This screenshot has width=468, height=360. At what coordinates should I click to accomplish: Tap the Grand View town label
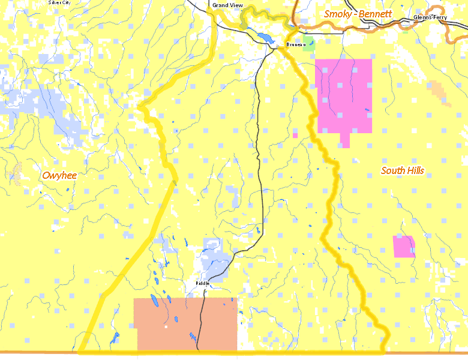pyautogui.click(x=227, y=5)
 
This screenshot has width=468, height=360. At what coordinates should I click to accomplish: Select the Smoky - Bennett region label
pyautogui.click(x=358, y=13)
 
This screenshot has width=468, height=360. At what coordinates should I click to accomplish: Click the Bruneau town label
pyautogui.click(x=295, y=45)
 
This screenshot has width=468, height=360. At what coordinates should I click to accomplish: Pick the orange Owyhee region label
pyautogui.click(x=60, y=175)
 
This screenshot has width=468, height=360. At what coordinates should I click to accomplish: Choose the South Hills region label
pyautogui.click(x=403, y=170)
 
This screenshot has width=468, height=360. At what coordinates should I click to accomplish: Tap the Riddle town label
pyautogui.click(x=202, y=283)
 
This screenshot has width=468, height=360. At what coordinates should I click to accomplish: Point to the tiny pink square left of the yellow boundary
pyautogui.click(x=295, y=136)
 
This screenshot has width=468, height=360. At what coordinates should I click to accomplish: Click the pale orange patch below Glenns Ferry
pyautogui.click(x=439, y=91)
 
